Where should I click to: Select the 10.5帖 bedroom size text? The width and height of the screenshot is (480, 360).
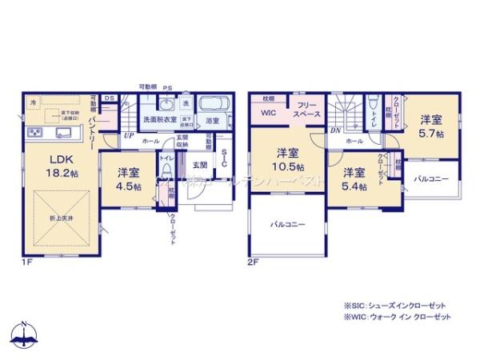[288, 166]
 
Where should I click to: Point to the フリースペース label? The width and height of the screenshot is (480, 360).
[308, 110]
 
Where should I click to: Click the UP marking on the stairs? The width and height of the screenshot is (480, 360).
[128, 135]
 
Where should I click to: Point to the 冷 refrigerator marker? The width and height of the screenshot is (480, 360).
[34, 103]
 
